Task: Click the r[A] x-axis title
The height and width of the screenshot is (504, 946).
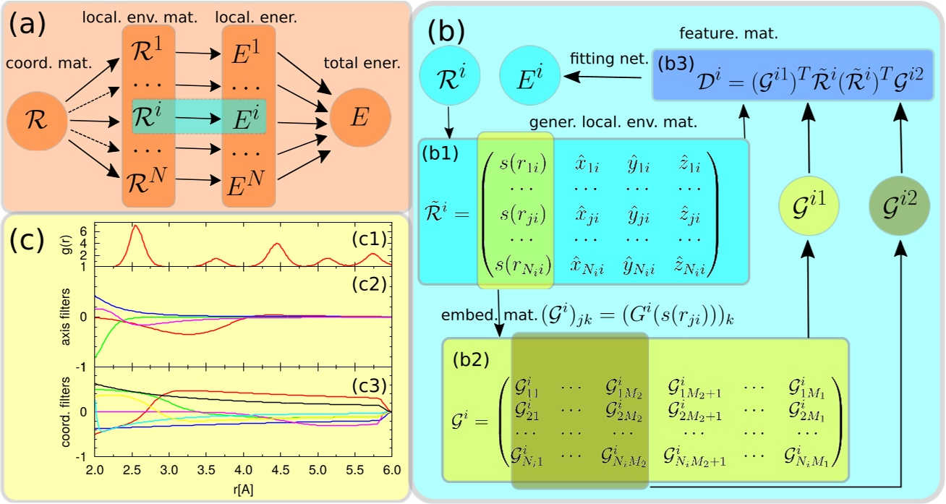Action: [x=243, y=488]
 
